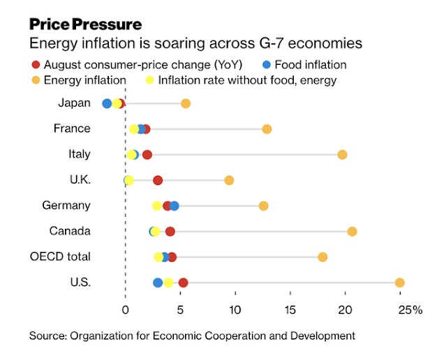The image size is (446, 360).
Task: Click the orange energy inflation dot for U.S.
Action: [x=399, y=283]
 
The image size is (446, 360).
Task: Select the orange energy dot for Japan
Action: [x=186, y=104]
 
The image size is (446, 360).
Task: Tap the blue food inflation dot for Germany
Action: [x=174, y=206]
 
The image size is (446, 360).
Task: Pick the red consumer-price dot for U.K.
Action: [x=158, y=181]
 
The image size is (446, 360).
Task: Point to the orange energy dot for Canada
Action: [x=352, y=232]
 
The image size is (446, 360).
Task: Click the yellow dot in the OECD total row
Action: [x=159, y=257]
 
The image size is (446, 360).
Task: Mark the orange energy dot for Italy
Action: [x=342, y=155]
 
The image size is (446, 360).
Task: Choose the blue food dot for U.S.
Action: [x=158, y=283]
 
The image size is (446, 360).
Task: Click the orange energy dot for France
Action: [x=267, y=129]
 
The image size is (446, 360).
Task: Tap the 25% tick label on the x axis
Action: [x=410, y=310]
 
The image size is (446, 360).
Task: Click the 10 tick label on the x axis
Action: [x=235, y=310]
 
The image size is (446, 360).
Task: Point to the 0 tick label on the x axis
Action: [x=125, y=310]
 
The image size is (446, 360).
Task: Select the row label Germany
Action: [x=66, y=205]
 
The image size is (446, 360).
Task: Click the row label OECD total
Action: [x=60, y=256]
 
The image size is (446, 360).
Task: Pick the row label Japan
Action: [x=75, y=103]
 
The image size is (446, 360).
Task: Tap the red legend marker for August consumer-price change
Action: [x=34, y=65]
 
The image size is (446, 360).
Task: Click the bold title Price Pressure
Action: [x=86, y=24]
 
